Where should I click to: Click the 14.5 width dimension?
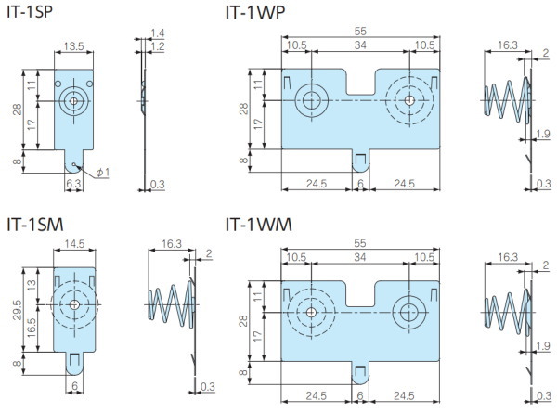tap(74, 244)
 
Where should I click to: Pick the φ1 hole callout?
tap(101, 172)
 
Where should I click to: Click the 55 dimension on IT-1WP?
tap(360, 31)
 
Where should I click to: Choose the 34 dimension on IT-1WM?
tap(360, 257)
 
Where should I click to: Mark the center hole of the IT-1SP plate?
tap(73, 100)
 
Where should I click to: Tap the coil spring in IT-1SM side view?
tap(172, 303)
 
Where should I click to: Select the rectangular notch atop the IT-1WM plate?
tap(360, 290)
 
